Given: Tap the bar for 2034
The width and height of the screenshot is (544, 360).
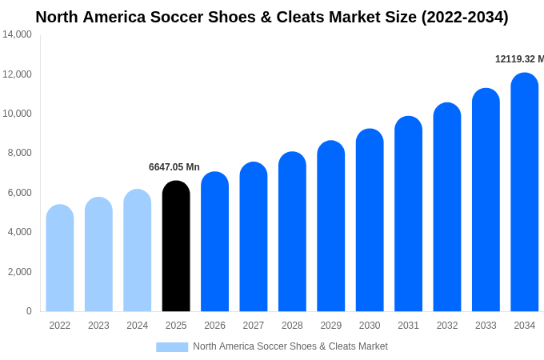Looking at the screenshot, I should [x=525, y=192].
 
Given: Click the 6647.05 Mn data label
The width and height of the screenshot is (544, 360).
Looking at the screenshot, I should [x=174, y=167].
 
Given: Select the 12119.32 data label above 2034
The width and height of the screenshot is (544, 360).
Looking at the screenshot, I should [x=519, y=59].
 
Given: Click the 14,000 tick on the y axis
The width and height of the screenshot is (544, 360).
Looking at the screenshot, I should [x=17, y=34].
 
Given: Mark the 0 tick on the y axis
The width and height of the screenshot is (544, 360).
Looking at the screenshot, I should [x=29, y=311].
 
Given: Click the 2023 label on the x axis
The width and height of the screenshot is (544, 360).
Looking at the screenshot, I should [x=98, y=326].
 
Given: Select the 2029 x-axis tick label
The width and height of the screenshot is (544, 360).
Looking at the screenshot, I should [x=331, y=326].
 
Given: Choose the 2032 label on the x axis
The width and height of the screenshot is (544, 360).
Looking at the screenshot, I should [x=447, y=326].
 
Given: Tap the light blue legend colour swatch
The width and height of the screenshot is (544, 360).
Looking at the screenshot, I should [x=172, y=346].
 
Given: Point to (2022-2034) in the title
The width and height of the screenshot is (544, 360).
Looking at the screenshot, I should [x=465, y=17].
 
